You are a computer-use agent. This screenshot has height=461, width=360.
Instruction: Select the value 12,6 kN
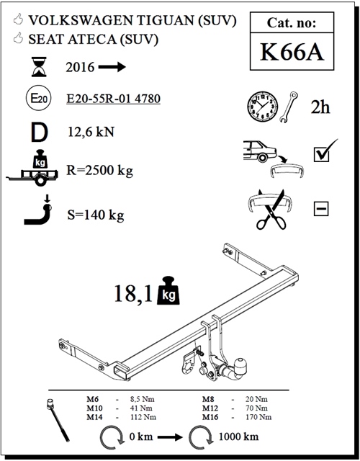tap(90, 133)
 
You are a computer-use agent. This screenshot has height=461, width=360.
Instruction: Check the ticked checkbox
tap(321, 153)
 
